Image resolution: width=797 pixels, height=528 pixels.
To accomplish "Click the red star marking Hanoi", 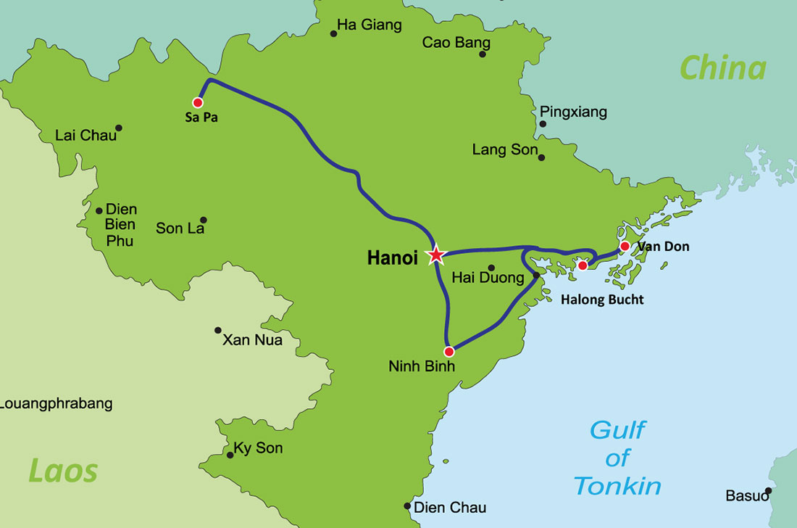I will point(436,255).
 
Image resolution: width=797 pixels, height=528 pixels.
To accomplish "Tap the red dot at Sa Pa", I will point(198,103).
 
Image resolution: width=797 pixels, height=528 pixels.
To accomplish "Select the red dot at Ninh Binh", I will point(449,352).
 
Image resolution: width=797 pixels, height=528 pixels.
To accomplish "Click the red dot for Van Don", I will point(625,247).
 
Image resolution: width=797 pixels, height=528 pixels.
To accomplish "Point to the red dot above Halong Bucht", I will point(583,265).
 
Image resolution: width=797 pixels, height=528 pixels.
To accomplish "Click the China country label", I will point(722,68).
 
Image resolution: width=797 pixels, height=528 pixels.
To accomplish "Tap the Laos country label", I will point(62,471).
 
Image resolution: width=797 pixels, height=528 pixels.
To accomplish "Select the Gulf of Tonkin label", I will point(617,458).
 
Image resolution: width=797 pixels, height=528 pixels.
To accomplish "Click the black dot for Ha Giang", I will point(334,33).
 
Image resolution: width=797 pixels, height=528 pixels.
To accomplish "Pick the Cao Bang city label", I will point(456,43).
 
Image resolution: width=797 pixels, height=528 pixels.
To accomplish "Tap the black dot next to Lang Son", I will point(541,157).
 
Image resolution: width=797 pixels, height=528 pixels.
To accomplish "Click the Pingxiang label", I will point(573,112).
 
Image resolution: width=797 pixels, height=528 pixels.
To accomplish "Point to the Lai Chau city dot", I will point(119,128).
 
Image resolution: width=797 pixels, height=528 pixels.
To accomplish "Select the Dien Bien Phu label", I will point(120,225).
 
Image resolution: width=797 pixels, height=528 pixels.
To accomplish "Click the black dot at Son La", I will point(204,220).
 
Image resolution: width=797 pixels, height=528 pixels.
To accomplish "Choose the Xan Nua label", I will point(252,339).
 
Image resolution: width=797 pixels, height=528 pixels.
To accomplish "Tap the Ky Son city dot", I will point(230,455).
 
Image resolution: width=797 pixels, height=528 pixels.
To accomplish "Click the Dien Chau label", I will point(449,508).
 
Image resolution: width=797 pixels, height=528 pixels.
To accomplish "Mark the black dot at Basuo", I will point(769,491).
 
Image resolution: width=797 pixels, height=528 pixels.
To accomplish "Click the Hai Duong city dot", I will point(491,268).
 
